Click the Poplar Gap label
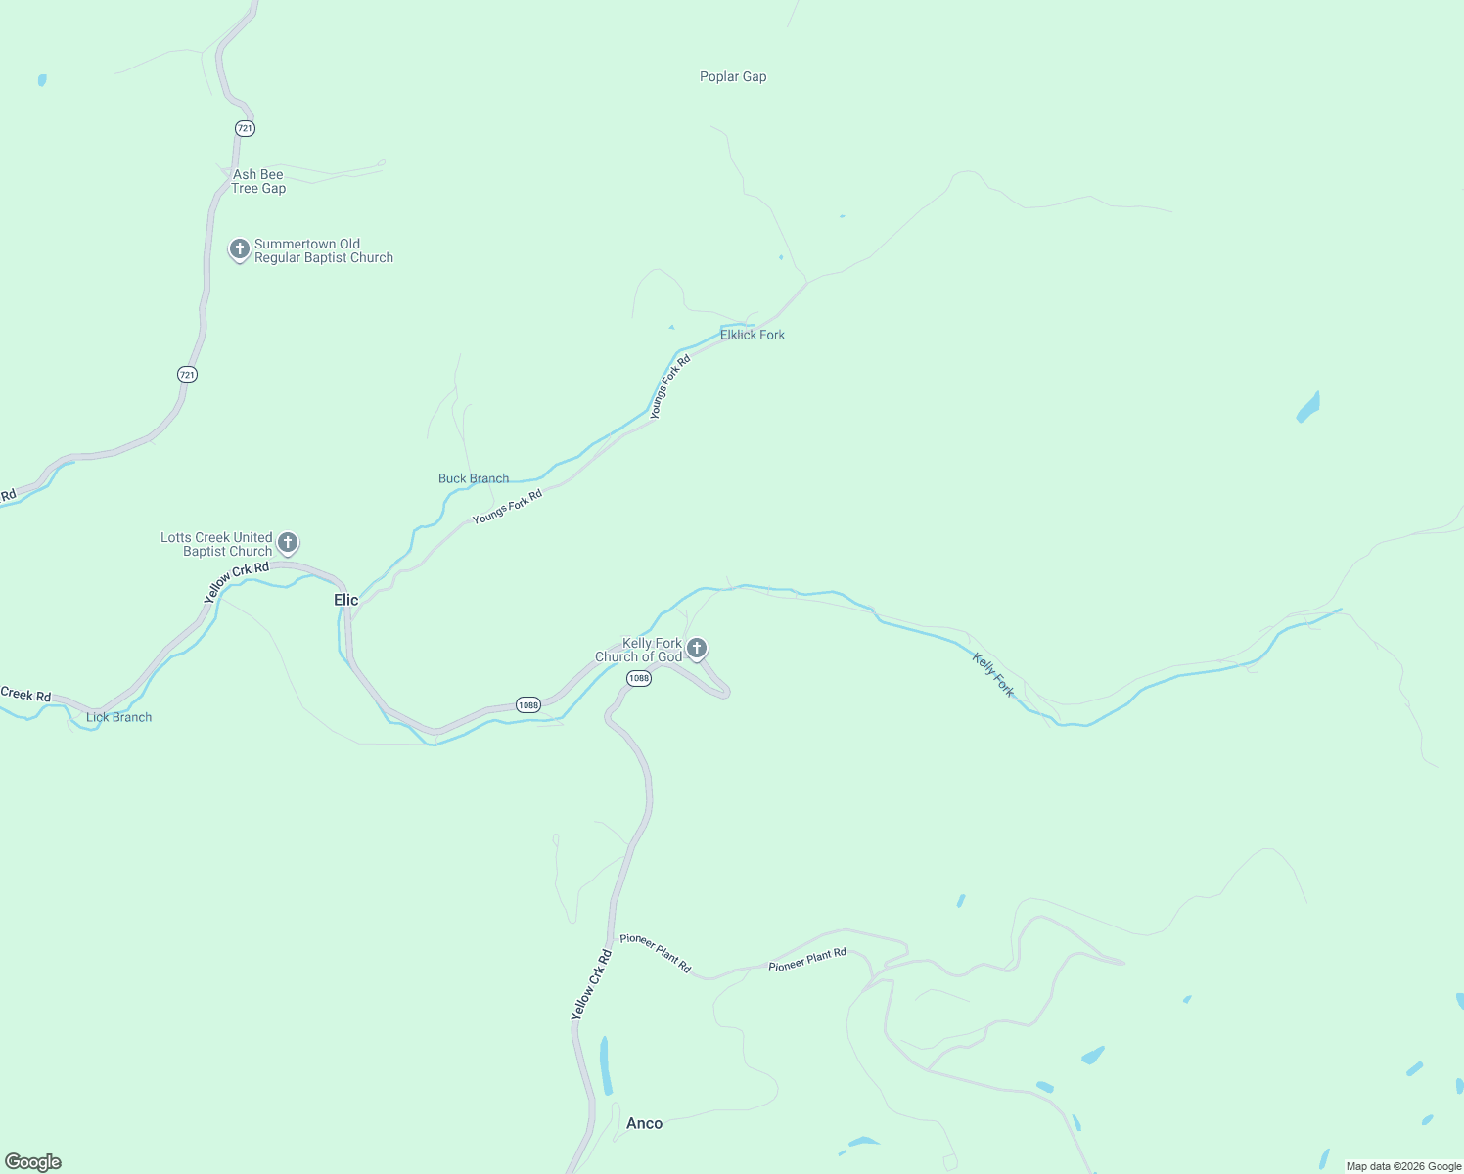pos(733,77)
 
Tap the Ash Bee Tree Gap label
pos(258,182)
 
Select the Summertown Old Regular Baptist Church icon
pos(239,249)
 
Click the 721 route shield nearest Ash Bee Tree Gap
pos(245,128)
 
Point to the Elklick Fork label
pos(753,335)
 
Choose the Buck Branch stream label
pos(474,478)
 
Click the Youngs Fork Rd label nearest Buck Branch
pos(507,507)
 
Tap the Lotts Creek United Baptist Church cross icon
pos(287,542)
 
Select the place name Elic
pos(345,600)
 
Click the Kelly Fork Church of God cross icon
pos(696,648)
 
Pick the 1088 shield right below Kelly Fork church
pos(639,678)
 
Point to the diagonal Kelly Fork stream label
pos(992,675)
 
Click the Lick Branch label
pos(119,717)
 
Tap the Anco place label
pos(644,1123)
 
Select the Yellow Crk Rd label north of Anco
pos(591,986)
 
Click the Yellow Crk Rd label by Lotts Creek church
pos(236,581)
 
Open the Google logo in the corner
pos(33,1162)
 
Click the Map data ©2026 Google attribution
pos(1403,1166)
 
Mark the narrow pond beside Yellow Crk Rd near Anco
pos(605,1065)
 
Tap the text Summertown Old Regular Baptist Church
pos(323,251)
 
